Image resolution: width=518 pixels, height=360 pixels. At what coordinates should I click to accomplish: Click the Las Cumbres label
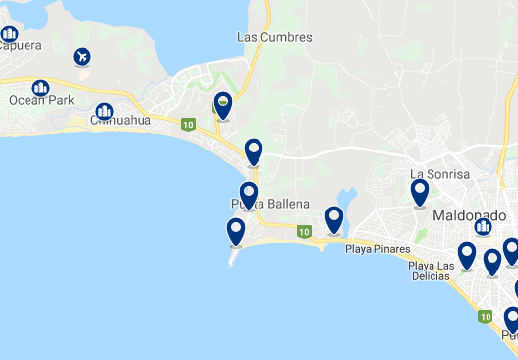tap(274, 38)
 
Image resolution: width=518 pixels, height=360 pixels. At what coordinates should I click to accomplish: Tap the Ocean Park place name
tap(41, 100)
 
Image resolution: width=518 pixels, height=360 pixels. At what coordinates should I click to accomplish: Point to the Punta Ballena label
tap(269, 204)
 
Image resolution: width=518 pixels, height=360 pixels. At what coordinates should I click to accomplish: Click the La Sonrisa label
tap(440, 174)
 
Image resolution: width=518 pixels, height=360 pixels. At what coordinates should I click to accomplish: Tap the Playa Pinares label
tap(375, 249)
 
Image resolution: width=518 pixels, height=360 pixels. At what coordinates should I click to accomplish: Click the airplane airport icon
tap(82, 56)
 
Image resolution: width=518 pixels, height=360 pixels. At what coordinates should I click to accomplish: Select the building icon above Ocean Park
tap(41, 88)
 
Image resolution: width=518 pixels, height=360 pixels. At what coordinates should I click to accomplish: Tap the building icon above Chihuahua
tap(103, 111)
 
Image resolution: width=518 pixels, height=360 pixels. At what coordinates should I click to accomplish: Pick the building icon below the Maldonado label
tap(483, 227)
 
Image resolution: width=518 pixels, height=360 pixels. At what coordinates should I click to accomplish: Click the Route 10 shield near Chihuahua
tap(188, 124)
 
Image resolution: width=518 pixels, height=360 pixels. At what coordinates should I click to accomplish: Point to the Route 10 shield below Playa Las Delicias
tap(485, 318)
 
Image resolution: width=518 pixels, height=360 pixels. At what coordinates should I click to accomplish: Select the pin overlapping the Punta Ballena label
tap(249, 194)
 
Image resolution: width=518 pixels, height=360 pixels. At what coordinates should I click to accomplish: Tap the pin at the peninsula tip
tap(236, 231)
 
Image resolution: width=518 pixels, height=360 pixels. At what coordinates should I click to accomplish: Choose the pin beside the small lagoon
tap(334, 219)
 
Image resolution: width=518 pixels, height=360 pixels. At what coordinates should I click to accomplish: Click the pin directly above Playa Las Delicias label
tap(467, 255)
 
